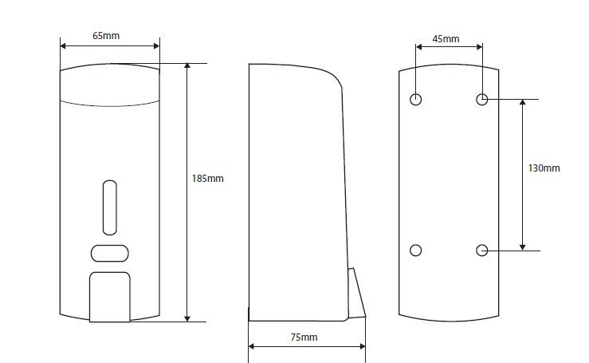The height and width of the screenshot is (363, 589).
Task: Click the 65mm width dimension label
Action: [x=106, y=36]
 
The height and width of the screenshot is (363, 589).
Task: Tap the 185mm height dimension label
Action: [x=207, y=178]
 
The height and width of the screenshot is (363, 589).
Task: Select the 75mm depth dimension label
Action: [x=304, y=337]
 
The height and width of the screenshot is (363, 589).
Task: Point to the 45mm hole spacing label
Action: [x=446, y=39]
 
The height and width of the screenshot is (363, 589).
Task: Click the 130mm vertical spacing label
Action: [x=544, y=168]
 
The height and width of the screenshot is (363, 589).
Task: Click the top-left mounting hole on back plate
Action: [x=415, y=100]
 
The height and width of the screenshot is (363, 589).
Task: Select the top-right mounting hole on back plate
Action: [x=482, y=100]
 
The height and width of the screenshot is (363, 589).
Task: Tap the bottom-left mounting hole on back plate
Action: [x=415, y=251]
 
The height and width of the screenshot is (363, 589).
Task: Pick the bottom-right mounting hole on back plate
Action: [x=482, y=251]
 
